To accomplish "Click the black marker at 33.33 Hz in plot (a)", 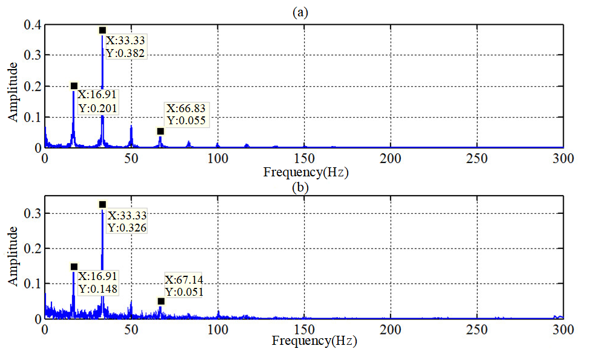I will tap(102, 30).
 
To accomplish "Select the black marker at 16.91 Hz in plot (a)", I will tap(74, 86).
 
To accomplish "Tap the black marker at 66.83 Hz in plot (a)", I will tap(161, 132).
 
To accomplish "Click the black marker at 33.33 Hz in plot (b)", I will tap(102, 204).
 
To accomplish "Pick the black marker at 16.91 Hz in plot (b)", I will tap(74, 267).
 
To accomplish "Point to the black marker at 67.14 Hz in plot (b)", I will tap(161, 301).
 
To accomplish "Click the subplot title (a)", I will tap(299, 12).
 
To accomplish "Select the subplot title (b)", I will tap(299, 187).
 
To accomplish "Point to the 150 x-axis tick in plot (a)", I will tap(304, 159).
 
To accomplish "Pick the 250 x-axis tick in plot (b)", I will tap(477, 330).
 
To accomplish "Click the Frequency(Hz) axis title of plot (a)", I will tap(305, 172).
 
